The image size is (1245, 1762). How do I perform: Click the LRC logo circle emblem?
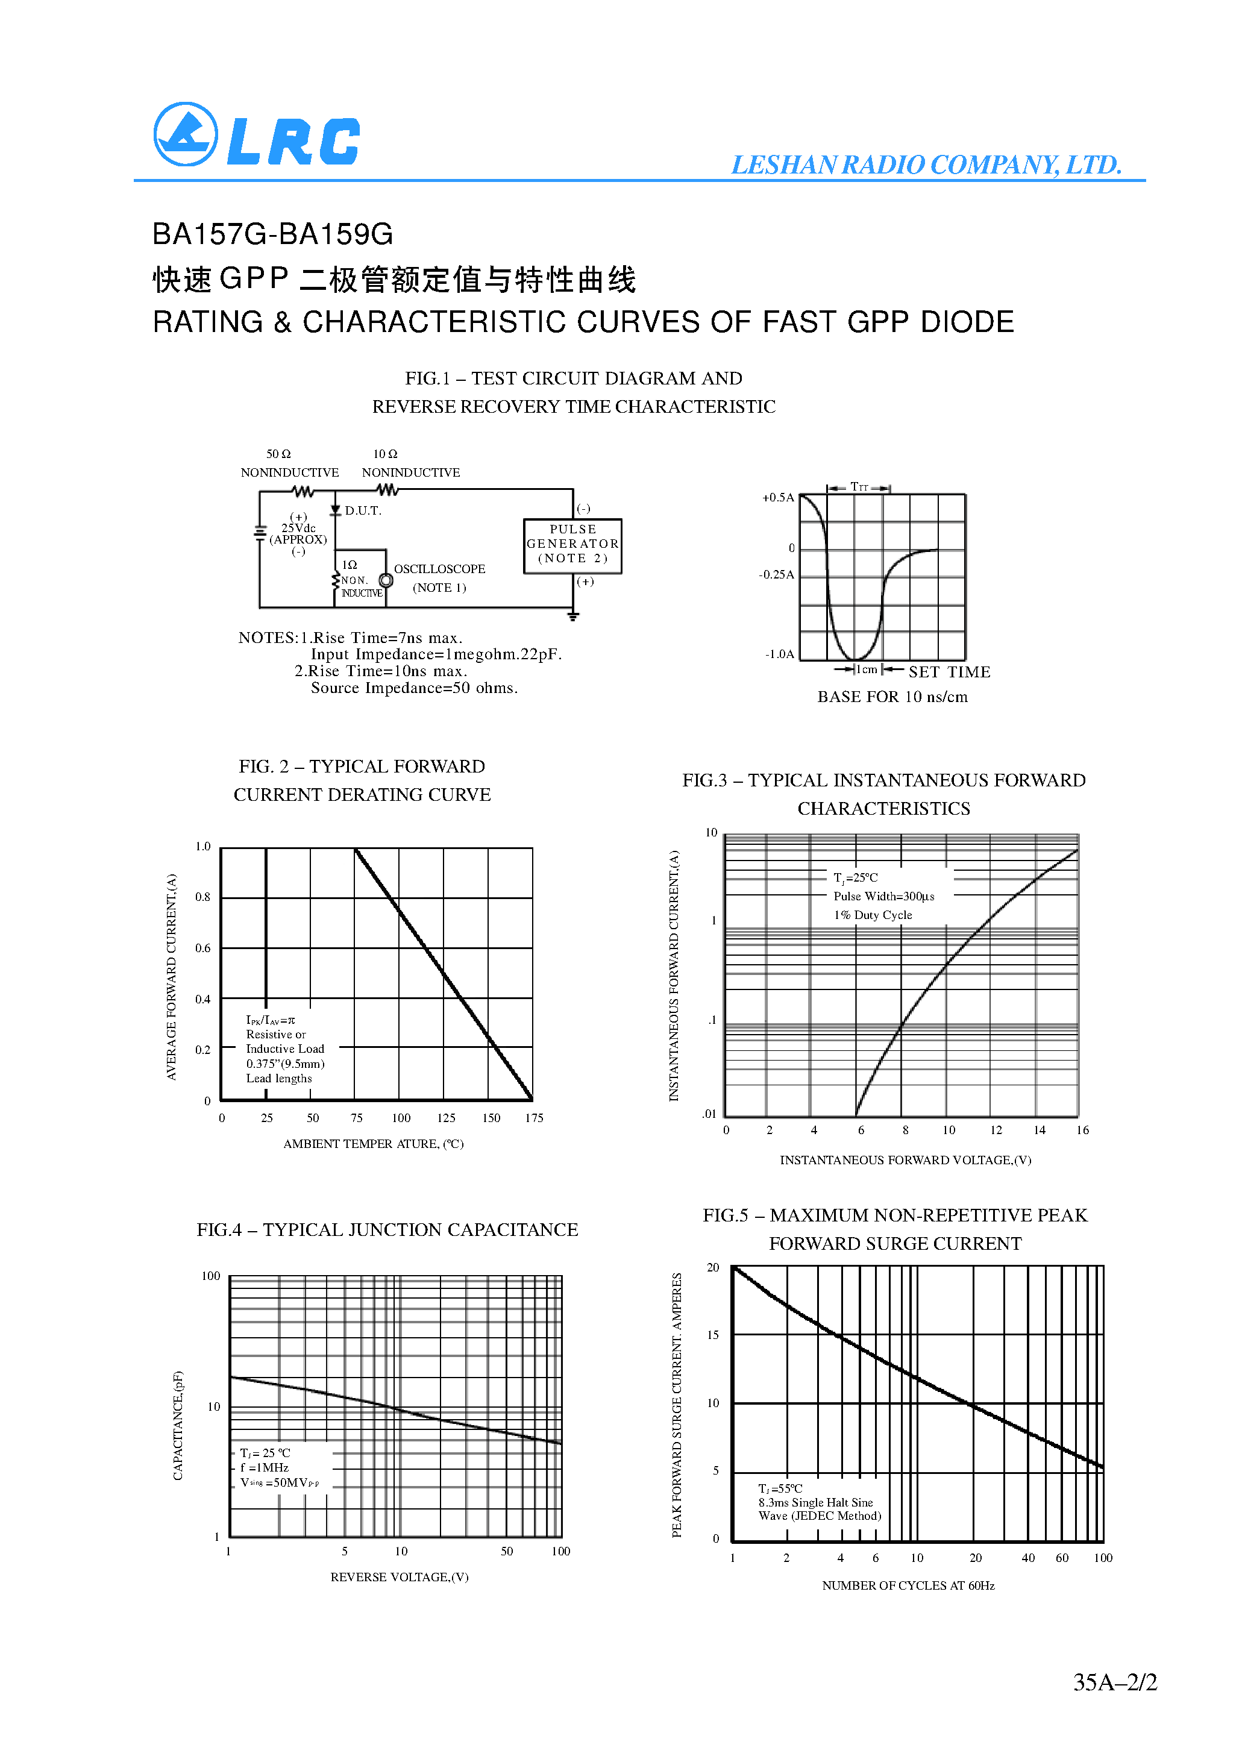pyautogui.click(x=186, y=134)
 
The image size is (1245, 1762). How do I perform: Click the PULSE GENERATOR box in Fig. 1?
pyautogui.click(x=572, y=545)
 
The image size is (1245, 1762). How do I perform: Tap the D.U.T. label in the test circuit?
pyautogui.click(x=362, y=511)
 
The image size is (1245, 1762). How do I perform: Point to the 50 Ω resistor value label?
pyautogui.click(x=278, y=454)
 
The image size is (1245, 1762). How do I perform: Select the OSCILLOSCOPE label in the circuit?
pyautogui.click(x=439, y=569)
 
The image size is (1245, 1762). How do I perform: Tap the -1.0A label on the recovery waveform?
pyautogui.click(x=779, y=654)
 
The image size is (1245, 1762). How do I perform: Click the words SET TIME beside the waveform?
pyautogui.click(x=950, y=673)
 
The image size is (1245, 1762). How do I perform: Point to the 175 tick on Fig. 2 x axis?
pyautogui.click(x=535, y=1118)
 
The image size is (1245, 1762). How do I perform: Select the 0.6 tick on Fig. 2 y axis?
pyautogui.click(x=202, y=948)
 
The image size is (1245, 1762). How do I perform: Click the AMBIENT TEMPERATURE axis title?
pyautogui.click(x=373, y=1144)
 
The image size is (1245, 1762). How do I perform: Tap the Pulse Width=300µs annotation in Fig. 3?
pyautogui.click(x=883, y=896)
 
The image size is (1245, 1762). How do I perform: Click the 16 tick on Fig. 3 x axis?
pyautogui.click(x=1082, y=1130)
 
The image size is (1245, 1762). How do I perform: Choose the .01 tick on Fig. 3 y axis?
pyautogui.click(x=709, y=1114)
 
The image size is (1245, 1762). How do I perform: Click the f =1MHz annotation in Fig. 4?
pyautogui.click(x=264, y=1467)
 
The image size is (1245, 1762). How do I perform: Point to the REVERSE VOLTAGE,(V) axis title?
pyautogui.click(x=399, y=1577)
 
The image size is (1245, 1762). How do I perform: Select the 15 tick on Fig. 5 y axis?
pyautogui.click(x=713, y=1335)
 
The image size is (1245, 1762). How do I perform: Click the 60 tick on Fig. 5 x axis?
pyautogui.click(x=1062, y=1558)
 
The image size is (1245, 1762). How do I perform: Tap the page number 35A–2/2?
pyautogui.click(x=1114, y=1683)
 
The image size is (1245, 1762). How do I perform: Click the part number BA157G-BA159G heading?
pyautogui.click(x=272, y=234)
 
